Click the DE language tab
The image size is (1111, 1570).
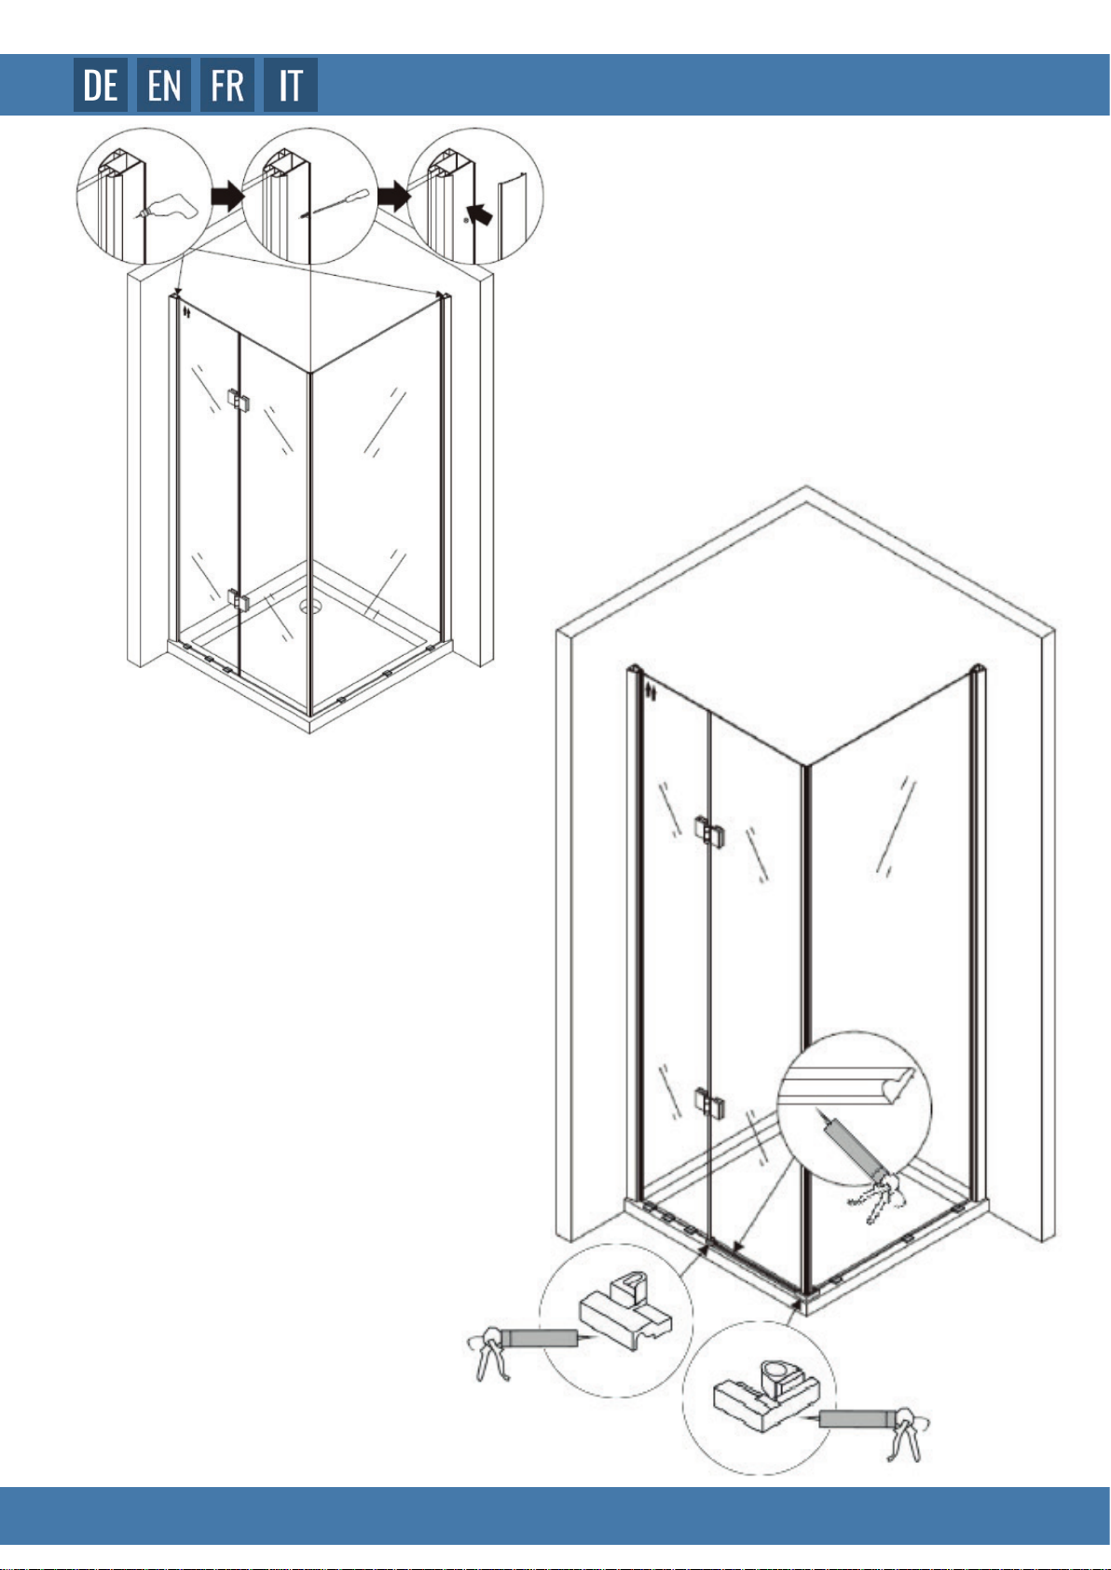101,85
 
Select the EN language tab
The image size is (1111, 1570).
164,85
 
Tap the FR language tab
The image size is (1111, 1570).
227,85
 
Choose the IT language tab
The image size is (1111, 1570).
290,85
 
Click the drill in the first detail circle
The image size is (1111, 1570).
168,206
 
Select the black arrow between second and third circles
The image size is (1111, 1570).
393,196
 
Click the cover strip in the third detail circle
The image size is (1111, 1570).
512,216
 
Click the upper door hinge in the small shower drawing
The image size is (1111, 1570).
239,401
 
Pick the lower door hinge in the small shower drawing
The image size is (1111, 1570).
239,600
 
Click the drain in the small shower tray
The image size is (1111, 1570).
309,606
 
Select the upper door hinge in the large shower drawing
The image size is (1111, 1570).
709,831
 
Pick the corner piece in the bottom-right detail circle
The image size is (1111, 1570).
766,1394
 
